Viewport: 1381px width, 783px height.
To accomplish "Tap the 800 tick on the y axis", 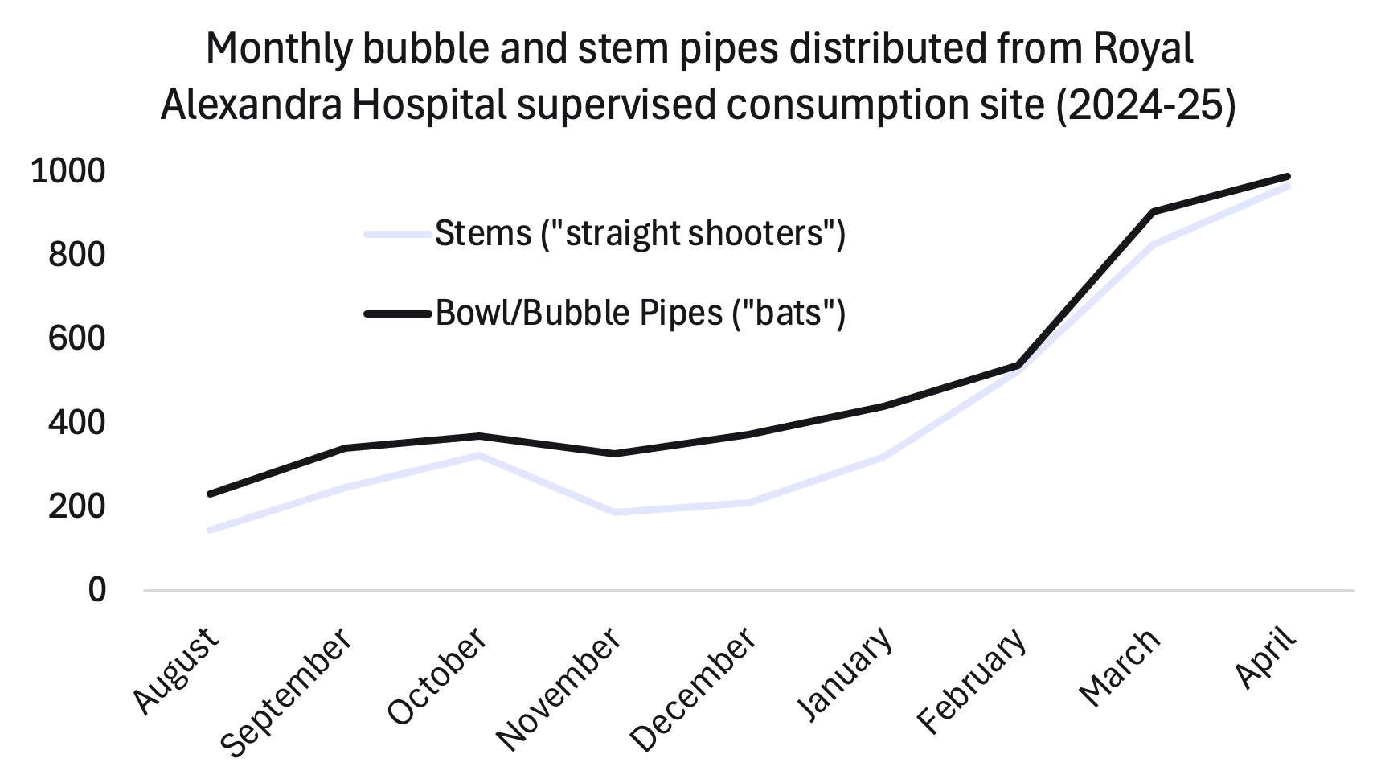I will [x=76, y=255].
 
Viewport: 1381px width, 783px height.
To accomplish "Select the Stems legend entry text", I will [x=640, y=234].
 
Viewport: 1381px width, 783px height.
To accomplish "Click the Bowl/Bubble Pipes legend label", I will [x=640, y=313].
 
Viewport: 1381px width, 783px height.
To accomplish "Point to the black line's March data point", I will [x=1154, y=211].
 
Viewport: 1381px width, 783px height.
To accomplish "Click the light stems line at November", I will [x=614, y=512].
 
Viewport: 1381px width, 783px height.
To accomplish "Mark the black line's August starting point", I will [x=210, y=494].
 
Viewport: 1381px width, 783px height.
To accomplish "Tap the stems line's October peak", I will [x=479, y=455].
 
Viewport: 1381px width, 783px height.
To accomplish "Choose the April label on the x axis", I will [x=1268, y=659].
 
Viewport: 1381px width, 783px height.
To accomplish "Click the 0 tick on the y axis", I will [x=96, y=590].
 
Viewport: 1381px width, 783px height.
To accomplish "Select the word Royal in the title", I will [x=1143, y=49].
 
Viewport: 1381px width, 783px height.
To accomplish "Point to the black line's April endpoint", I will [x=1288, y=177].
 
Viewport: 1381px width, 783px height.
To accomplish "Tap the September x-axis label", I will [x=287, y=691].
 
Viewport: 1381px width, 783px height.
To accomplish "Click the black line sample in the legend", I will [x=398, y=314].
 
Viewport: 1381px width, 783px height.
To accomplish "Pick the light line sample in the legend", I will [x=398, y=235].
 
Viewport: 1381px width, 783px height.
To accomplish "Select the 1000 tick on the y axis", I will [x=68, y=171].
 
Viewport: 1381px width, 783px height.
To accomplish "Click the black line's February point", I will [x=1018, y=366].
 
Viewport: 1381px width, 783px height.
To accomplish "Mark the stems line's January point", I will [x=883, y=457].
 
